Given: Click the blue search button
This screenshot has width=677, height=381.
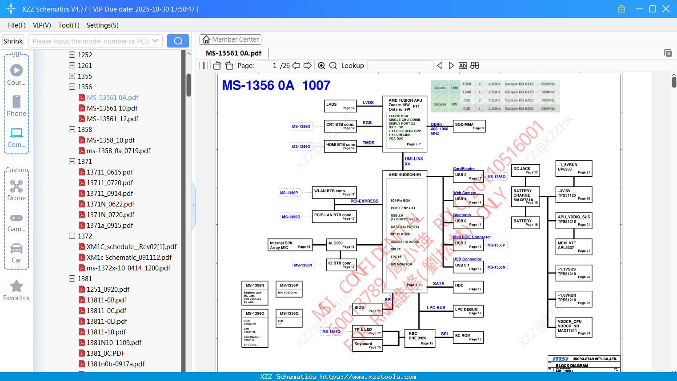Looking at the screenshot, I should point(178,41).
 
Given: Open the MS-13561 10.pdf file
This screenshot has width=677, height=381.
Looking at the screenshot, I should point(112,108).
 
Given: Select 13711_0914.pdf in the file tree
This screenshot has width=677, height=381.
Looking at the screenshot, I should point(110,194).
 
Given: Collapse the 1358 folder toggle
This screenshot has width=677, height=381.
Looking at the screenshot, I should point(72,130).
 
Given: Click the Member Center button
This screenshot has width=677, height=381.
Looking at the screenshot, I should point(230,40).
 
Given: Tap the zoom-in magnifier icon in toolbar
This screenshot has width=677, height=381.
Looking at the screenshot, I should point(321,66).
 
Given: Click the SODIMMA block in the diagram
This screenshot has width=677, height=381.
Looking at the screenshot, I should point(469,126).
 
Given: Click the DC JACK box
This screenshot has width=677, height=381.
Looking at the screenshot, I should point(525,170).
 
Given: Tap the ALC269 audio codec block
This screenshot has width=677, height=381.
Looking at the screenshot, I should point(341,245).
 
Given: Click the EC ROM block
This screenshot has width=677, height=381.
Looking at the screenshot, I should point(468,337).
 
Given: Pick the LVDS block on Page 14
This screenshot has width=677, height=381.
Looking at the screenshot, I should point(341,106).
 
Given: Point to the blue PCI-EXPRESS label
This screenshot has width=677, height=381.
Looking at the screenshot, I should point(364,201).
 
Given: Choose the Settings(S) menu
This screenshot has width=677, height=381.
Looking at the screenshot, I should point(102,25).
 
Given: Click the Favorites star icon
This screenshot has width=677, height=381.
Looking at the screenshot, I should point(16,286).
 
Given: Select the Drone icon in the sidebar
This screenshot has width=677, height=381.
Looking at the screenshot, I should point(16,187).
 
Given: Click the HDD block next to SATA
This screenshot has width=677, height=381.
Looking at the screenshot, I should point(468,287).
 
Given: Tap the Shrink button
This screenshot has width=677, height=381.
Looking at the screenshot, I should point(13,41).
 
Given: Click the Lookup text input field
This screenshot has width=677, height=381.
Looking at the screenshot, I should point(400,66).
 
